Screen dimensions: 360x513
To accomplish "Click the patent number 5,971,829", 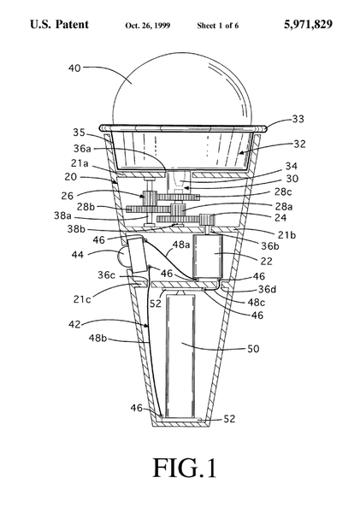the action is (308, 25).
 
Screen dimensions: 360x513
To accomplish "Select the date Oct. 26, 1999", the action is (148, 26).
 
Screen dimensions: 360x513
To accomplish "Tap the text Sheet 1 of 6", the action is (218, 26).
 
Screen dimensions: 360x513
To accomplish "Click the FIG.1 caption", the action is (185, 468).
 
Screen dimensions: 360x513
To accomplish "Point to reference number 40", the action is (74, 68).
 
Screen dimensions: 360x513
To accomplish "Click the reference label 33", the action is (298, 119).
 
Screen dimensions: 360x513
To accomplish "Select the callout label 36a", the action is (82, 149).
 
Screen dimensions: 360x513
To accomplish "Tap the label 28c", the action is (283, 192).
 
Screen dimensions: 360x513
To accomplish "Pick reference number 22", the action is (267, 261).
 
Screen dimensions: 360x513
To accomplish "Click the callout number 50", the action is (253, 349).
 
